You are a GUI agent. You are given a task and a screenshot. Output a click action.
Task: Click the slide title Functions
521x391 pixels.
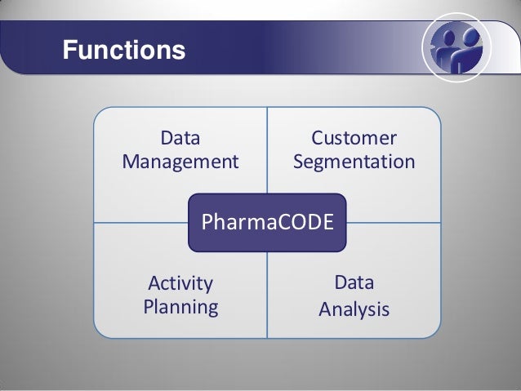pyautogui.click(x=124, y=51)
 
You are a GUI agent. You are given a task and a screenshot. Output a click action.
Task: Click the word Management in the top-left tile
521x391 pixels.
pyautogui.click(x=180, y=161)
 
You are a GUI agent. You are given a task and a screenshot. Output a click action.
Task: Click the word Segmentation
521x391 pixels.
pyautogui.click(x=354, y=161)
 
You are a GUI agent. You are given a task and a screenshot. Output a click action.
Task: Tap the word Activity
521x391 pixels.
pyautogui.click(x=180, y=283)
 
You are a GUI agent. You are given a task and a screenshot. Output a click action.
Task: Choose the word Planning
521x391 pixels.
pyautogui.click(x=180, y=307)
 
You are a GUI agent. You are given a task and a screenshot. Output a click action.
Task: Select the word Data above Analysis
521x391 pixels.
pyautogui.click(x=354, y=283)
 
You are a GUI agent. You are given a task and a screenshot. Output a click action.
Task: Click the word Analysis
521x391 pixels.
pyautogui.click(x=354, y=310)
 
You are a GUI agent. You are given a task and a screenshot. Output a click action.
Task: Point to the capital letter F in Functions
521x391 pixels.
pyautogui.click(x=71, y=51)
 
